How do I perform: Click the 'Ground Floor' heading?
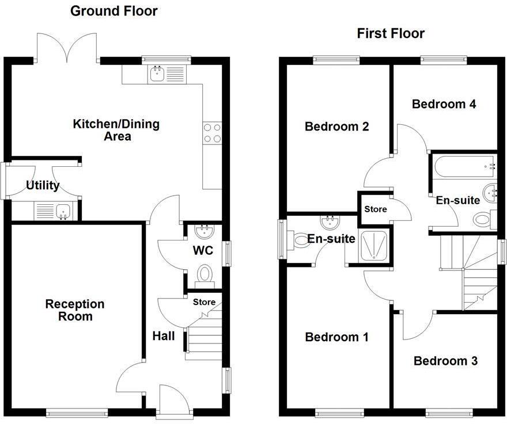[113, 11]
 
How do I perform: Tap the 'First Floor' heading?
[391, 33]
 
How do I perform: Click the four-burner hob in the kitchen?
[213, 133]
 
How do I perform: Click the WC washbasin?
[205, 232]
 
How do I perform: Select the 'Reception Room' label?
[75, 310]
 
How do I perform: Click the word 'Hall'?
[164, 335]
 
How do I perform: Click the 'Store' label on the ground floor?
[204, 302]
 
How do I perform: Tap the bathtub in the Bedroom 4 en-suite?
[463, 167]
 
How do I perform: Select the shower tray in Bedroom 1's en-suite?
[373, 247]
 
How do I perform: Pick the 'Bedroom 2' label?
[336, 127]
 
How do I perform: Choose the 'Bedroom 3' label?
[445, 361]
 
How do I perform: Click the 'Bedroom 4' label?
[444, 104]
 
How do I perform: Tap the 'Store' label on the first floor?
[375, 209]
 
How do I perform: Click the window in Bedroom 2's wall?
[336, 59]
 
